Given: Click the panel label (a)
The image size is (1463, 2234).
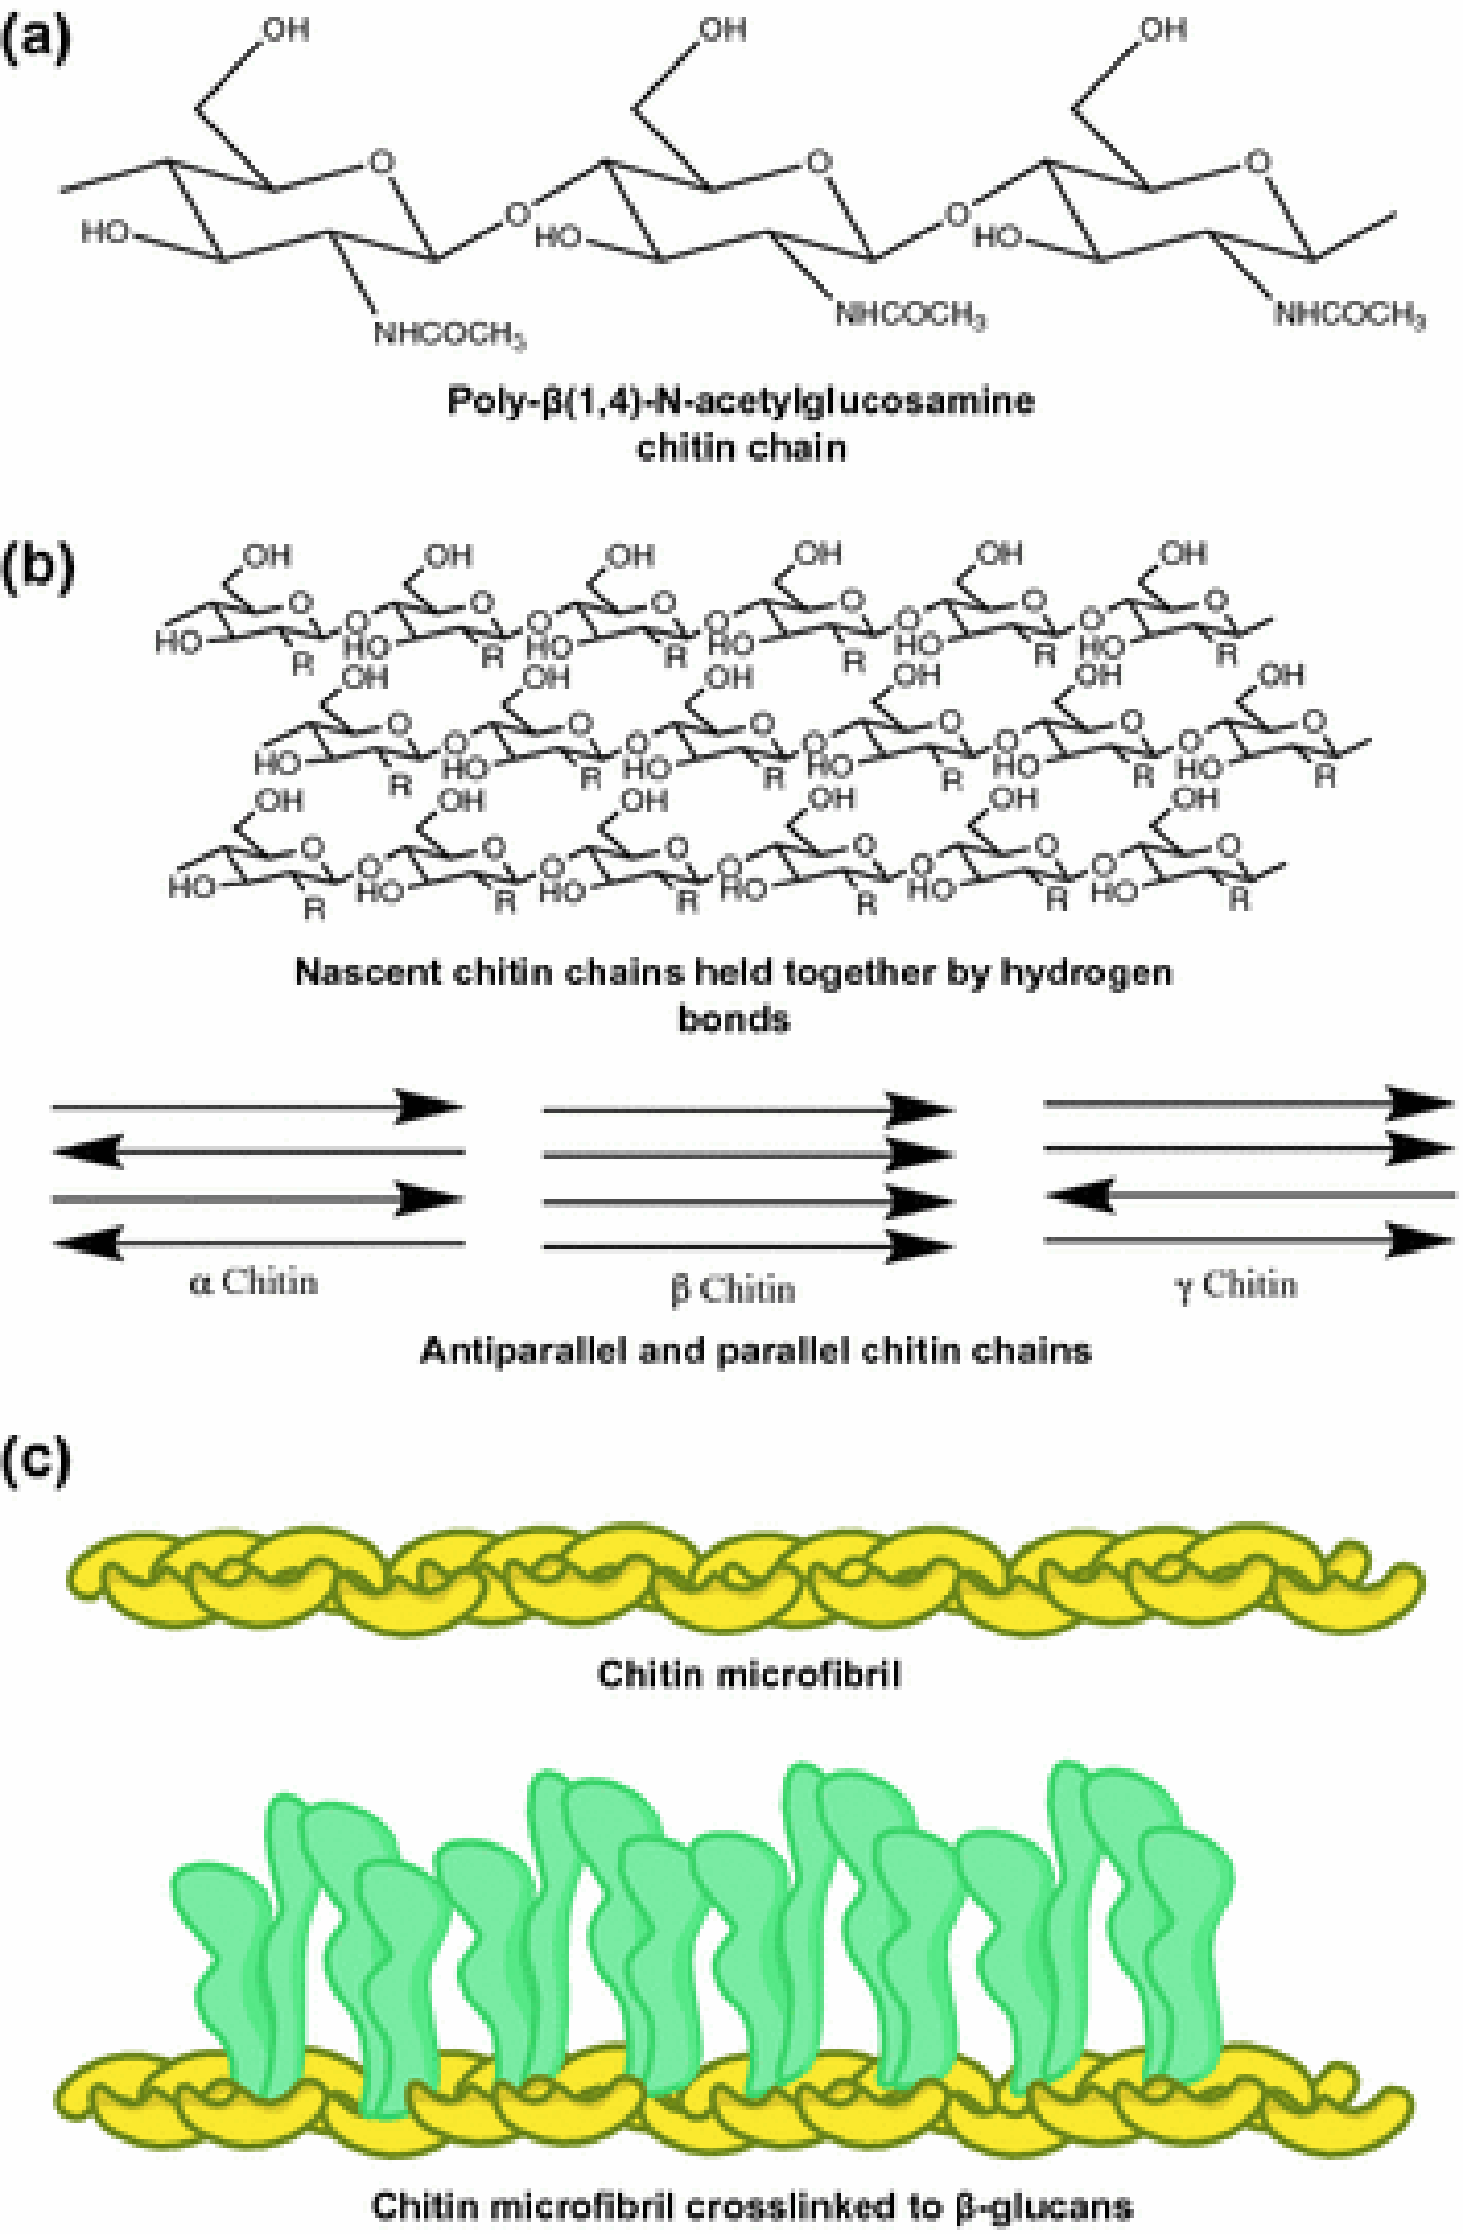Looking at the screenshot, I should (37, 43).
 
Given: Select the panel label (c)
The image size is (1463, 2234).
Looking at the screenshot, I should (37, 1461).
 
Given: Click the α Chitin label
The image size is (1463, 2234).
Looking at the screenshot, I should (253, 1283).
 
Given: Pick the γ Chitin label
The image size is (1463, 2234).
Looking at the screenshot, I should (1235, 1285).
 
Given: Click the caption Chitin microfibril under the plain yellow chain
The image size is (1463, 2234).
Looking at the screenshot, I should (749, 1675).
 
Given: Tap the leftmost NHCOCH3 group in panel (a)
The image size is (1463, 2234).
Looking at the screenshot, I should (448, 334).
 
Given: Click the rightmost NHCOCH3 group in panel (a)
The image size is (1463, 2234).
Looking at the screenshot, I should (1349, 316).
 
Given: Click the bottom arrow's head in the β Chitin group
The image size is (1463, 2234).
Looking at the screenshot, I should (919, 1248).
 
